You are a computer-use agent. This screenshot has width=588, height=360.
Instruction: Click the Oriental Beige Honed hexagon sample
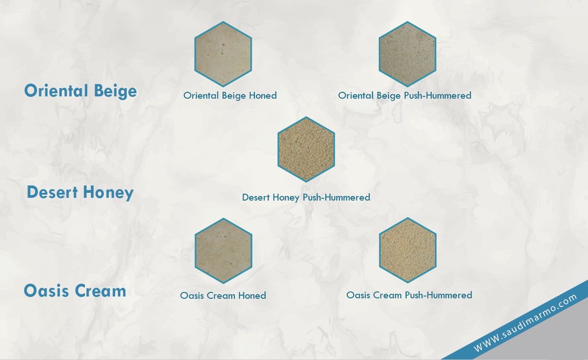[223, 54]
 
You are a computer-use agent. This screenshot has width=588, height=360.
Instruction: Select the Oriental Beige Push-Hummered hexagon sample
[408, 54]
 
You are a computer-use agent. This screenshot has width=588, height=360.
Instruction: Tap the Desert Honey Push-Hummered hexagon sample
[306, 149]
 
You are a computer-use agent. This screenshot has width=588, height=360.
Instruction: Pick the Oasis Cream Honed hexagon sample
[223, 251]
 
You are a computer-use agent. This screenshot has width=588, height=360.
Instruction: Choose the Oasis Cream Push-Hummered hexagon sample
[408, 250]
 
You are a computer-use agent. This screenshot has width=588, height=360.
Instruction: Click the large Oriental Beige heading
[80, 91]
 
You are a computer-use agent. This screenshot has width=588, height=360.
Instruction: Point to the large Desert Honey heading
[80, 192]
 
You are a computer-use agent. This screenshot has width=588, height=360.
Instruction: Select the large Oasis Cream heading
[75, 291]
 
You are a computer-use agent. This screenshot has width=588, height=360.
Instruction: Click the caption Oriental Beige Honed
[230, 95]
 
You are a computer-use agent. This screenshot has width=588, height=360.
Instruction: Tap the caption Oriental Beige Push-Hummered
[404, 95]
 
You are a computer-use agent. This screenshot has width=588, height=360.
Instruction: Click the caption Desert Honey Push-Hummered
[306, 197]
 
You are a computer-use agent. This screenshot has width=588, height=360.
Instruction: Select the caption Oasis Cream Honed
[223, 296]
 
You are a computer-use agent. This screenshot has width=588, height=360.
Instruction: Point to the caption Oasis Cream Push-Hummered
[409, 295]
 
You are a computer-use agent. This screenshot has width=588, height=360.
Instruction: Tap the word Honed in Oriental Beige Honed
[263, 95]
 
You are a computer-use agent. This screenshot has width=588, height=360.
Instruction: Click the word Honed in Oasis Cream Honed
[252, 296]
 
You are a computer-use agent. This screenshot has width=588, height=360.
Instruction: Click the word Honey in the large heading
[108, 193]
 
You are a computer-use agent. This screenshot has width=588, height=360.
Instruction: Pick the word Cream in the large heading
[101, 291]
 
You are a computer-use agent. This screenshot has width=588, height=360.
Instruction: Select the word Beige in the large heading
[115, 91]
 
